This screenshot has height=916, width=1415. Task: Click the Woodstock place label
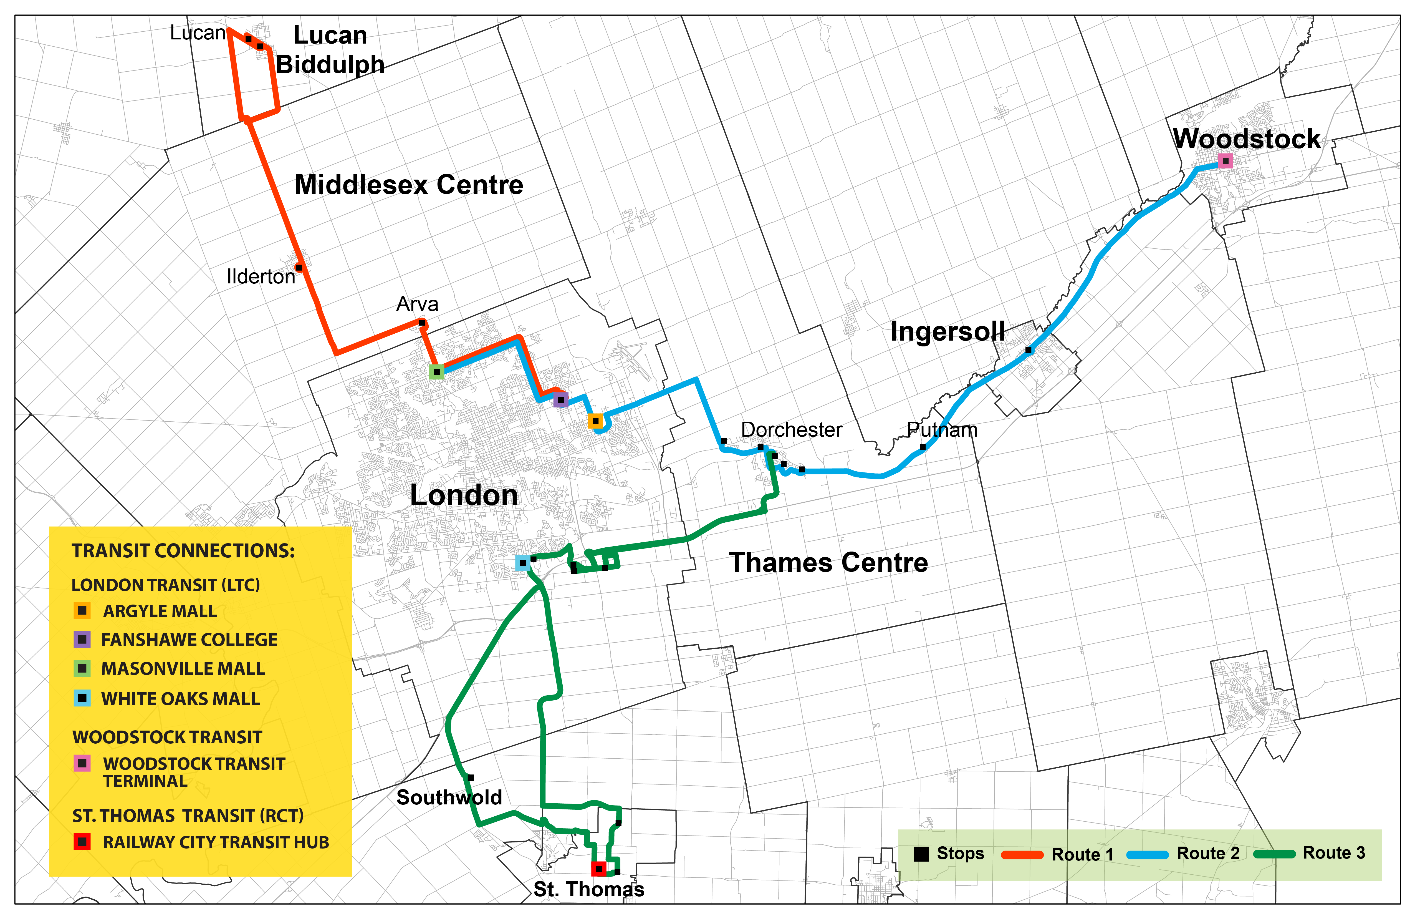pyautogui.click(x=1247, y=139)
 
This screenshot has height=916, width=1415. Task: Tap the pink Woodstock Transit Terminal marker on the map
pyautogui.click(x=1225, y=161)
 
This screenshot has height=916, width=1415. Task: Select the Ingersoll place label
pyautogui.click(x=948, y=331)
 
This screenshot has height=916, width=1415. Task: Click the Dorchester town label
pyautogui.click(x=791, y=429)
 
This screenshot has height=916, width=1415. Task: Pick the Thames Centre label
pyautogui.click(x=828, y=563)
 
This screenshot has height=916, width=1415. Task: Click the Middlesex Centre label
pyautogui.click(x=409, y=185)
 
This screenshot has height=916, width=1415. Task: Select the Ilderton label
pyautogui.click(x=261, y=276)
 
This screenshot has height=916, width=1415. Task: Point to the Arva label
pyautogui.click(x=417, y=304)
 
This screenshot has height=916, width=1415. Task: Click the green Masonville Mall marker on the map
pyautogui.click(x=436, y=372)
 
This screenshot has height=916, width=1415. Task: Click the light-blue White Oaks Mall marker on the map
pyautogui.click(x=522, y=563)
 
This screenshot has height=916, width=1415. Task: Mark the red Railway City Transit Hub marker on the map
pyautogui.click(x=599, y=869)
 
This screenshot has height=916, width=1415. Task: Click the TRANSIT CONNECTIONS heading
pyautogui.click(x=183, y=551)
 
